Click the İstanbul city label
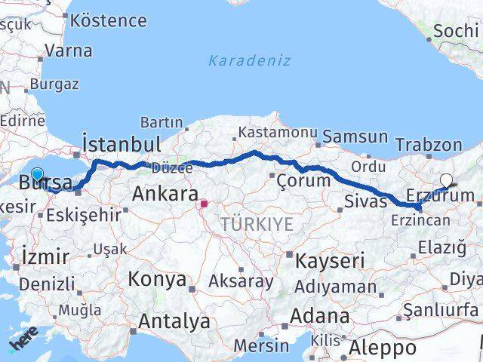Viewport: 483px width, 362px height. click(x=121, y=144)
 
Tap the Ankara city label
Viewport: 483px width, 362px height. click(x=165, y=194)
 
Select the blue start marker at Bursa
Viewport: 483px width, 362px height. click(x=37, y=176)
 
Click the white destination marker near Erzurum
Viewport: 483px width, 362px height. click(x=447, y=181)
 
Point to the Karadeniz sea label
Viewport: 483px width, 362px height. click(x=249, y=60)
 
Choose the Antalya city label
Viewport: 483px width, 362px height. click(x=174, y=322)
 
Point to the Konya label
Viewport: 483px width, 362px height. click(x=157, y=279)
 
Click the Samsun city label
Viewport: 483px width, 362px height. click(x=355, y=137)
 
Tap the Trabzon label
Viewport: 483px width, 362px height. click(x=428, y=145)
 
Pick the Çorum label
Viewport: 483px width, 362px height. click(x=303, y=180)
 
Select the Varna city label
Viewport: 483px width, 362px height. click(x=69, y=51)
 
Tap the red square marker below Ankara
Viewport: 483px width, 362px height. click(x=203, y=203)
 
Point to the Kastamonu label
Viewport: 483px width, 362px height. click(x=277, y=132)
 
